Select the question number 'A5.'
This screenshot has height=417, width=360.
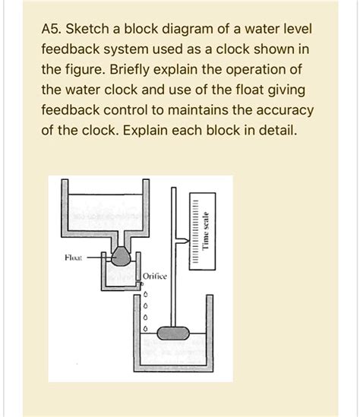point(53,32)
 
